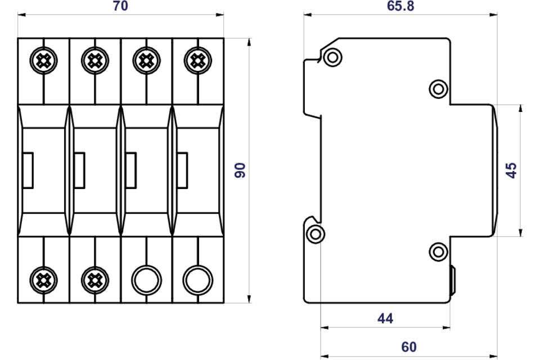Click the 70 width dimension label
[120, 6]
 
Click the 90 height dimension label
[240, 170]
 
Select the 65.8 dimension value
[400, 6]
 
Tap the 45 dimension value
[511, 170]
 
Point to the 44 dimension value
[385, 318]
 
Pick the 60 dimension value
[409, 347]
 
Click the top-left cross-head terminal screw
[43, 61]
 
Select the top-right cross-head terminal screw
[197, 61]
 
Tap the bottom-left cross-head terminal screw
[43, 281]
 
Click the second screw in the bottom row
[95, 281]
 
